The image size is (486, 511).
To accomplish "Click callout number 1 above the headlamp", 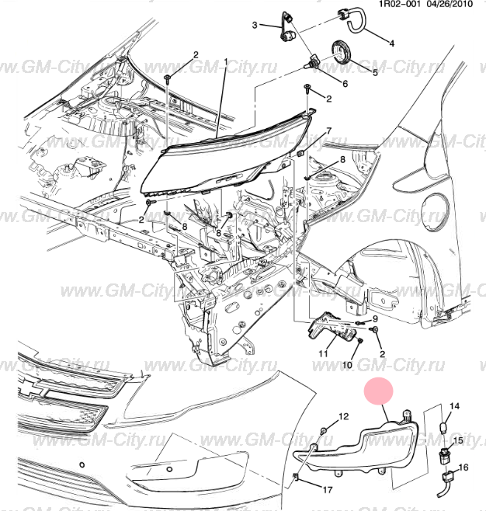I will coord(226,61).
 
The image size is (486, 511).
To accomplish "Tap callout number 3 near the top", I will coord(254,26).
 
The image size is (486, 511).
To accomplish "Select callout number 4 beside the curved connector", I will coord(391,43).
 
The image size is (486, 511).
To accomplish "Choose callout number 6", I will coord(344,84).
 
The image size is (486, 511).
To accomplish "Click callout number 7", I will coord(328,130).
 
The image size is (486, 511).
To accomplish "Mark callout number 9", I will coord(374,318).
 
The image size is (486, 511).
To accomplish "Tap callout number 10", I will coord(346,364).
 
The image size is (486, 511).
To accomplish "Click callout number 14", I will coord(456,406).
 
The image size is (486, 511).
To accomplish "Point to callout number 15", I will coord(458,440).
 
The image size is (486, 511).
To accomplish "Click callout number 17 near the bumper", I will coord(327,490).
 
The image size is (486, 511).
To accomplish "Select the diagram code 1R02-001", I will coord(400,5).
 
